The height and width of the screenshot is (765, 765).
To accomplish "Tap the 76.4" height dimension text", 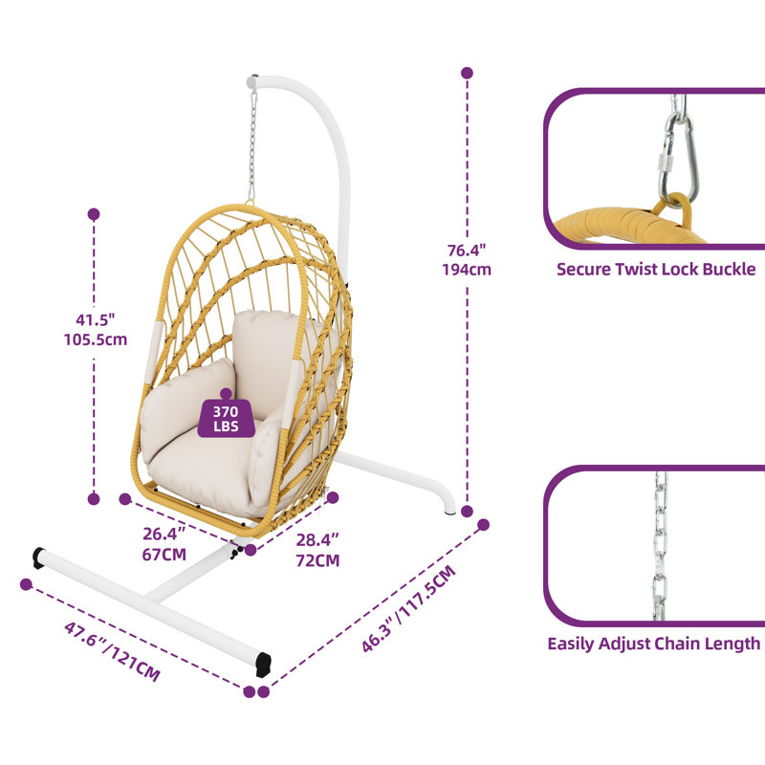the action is point(467,251).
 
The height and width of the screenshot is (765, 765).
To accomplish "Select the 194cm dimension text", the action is point(467,270).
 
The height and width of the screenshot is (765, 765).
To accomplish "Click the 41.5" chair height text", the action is point(96,320).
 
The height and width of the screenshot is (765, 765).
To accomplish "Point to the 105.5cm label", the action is point(96,339).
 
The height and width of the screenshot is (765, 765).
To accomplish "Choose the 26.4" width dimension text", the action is point(164,534).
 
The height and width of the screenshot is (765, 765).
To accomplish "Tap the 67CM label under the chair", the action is point(164,555).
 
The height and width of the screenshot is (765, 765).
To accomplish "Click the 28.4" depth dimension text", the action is point(317,539).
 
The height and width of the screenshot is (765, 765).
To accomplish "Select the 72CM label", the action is point(317,560).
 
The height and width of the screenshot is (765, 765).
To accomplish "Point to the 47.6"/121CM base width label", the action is point(112,651).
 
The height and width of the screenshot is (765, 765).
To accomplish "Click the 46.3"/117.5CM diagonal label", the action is point(409,609).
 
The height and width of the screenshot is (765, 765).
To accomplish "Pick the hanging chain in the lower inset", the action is point(660,546).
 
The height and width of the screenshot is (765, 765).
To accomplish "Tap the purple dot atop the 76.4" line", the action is point(467,74).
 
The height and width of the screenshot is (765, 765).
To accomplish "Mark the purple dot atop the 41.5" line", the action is point(94,214).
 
